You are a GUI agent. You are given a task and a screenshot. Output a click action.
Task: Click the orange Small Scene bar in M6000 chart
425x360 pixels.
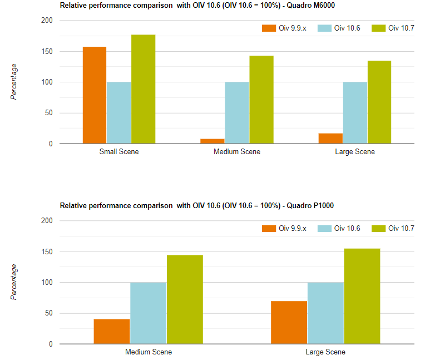[x=95, y=95]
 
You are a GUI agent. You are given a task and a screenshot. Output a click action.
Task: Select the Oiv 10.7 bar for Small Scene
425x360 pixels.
[x=143, y=89]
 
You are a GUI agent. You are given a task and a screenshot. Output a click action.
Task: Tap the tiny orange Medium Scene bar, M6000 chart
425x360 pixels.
[x=212, y=141]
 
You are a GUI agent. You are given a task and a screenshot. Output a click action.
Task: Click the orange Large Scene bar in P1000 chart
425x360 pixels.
[x=289, y=322]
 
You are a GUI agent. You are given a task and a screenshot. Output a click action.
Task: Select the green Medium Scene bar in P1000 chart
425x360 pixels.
[x=185, y=299]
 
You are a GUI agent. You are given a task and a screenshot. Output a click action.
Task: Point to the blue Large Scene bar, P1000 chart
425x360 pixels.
[x=325, y=313]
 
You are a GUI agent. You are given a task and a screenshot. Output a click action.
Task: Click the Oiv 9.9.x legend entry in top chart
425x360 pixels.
[x=284, y=28]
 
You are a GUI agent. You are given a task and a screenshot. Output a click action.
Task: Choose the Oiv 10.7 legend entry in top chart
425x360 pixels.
[x=394, y=28]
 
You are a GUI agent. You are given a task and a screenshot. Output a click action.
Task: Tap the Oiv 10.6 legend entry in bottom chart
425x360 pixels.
[x=339, y=229]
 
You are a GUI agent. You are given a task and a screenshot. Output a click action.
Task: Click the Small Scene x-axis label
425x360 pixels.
[x=119, y=152]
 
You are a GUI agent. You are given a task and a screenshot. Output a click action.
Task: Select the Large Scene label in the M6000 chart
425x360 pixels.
[x=355, y=152]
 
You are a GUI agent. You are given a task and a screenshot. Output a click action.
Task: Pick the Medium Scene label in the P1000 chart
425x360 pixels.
[x=149, y=352]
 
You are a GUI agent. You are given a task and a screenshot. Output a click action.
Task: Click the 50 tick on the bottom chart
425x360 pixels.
[x=49, y=313]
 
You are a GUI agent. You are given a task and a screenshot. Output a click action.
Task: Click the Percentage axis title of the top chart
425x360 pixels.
[x=14, y=82]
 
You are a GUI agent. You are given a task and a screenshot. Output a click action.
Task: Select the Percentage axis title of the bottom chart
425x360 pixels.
[x=14, y=282]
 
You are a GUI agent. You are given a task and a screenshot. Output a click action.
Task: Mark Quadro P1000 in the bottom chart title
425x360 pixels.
[x=309, y=205]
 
